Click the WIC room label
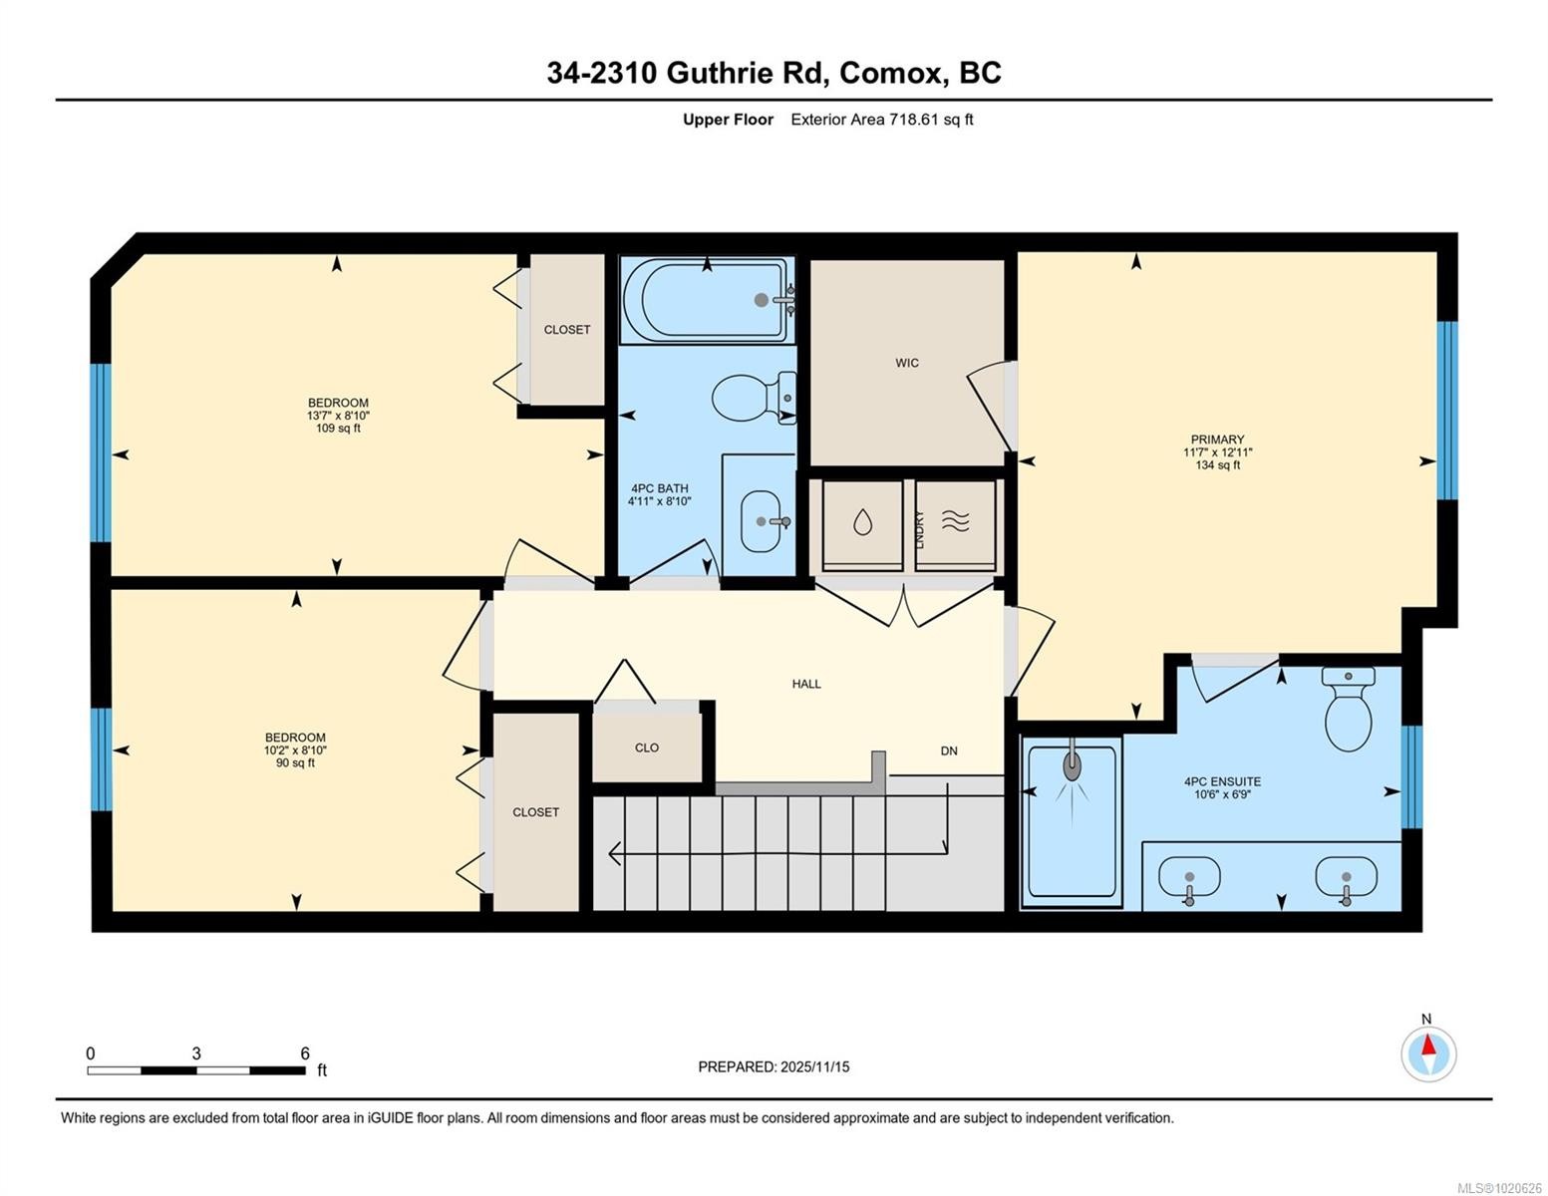[x=906, y=363]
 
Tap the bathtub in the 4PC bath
[x=706, y=300]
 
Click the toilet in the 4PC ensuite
[x=1349, y=712]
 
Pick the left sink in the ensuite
[x=1188, y=878]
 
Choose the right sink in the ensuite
[x=1346, y=878]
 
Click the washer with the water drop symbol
[x=862, y=522]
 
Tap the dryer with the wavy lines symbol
[x=956, y=522]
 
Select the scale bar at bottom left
[x=196, y=1070]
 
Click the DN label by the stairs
[x=949, y=750]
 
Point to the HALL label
[x=806, y=684]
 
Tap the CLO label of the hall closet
[x=646, y=747]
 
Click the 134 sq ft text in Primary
[x=1217, y=465]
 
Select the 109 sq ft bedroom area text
[x=338, y=429]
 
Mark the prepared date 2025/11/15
[x=774, y=1066]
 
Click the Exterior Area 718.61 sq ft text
[x=881, y=120]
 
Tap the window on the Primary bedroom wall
[x=1446, y=410]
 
